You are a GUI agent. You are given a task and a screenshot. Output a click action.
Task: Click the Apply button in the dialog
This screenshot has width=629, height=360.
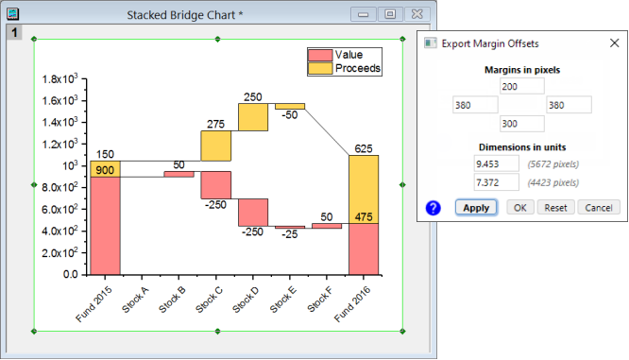tap(476, 208)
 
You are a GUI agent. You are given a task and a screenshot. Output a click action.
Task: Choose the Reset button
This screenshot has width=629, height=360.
tap(555, 208)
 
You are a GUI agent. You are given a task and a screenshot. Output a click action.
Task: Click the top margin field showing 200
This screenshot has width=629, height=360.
tap(521, 86)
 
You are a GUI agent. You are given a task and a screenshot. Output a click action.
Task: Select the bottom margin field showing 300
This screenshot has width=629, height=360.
tap(521, 124)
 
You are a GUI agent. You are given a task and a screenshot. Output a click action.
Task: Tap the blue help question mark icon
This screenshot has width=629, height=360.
tap(434, 208)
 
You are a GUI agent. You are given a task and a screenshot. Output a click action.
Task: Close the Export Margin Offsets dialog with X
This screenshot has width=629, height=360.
tap(614, 43)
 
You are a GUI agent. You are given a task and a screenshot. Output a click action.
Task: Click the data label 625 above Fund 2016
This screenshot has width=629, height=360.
tap(364, 148)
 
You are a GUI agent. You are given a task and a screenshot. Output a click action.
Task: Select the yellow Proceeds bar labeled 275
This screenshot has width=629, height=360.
tap(215, 146)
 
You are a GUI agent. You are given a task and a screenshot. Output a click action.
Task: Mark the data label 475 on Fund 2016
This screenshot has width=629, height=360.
tap(364, 216)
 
